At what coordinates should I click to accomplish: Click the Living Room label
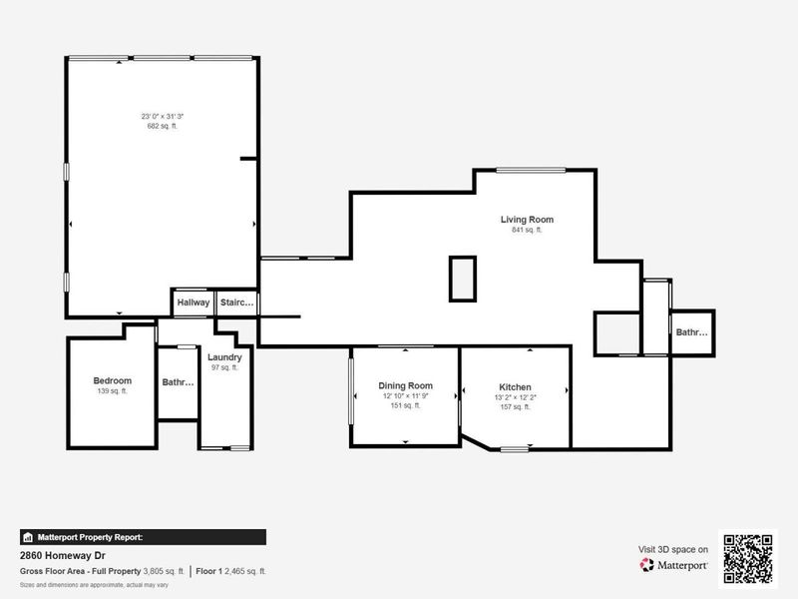point(527,220)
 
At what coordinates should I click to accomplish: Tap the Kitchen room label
point(515,387)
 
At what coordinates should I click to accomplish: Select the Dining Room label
point(405,386)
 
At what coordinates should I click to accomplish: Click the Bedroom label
point(113,380)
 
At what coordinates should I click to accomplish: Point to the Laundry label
point(224,357)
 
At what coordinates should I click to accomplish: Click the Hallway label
point(194,302)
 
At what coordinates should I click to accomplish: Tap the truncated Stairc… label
point(237,302)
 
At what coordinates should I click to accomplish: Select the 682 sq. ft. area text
point(162,127)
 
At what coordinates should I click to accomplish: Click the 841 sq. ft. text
point(527,231)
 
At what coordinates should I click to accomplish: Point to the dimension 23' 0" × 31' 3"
point(162,117)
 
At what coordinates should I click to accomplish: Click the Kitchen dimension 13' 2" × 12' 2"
point(515,397)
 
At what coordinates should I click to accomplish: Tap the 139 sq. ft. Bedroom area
point(113,391)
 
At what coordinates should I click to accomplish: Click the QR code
point(748,557)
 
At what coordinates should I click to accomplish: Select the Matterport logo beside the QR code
point(674,565)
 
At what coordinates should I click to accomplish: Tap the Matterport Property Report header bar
point(143,537)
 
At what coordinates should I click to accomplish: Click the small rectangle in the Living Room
point(463,278)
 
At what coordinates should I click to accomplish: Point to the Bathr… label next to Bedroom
point(179,381)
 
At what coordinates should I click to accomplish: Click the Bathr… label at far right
point(691,332)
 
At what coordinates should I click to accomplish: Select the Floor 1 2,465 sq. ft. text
point(230,571)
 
